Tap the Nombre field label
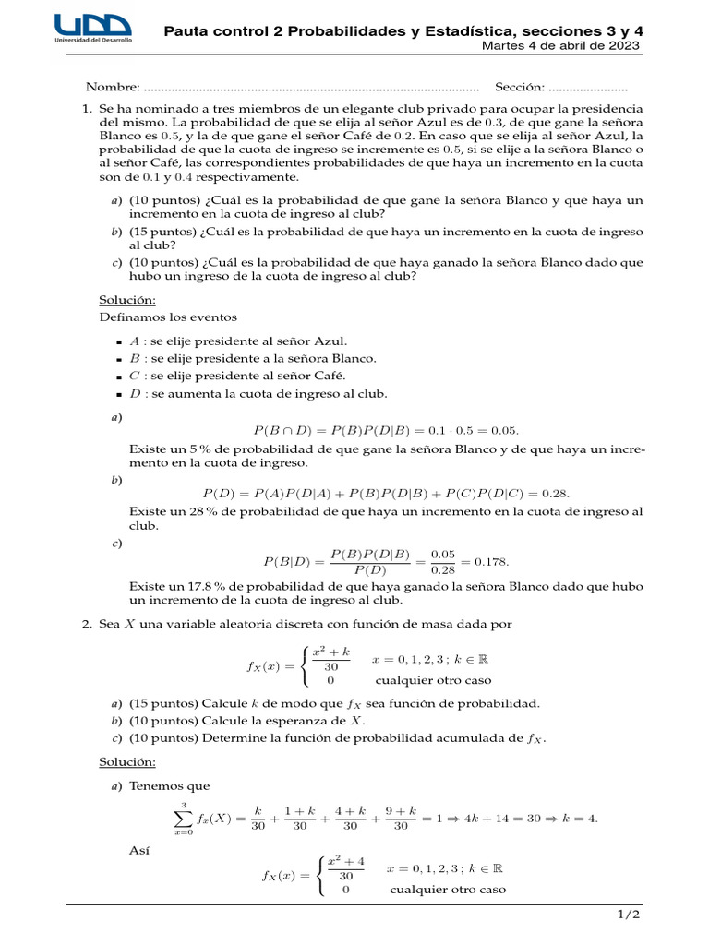(113, 87)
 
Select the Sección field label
(519, 87)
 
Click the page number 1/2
(628, 915)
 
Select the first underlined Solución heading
(127, 299)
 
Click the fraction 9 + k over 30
(401, 818)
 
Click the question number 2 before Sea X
(87, 625)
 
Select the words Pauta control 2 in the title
(223, 31)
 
